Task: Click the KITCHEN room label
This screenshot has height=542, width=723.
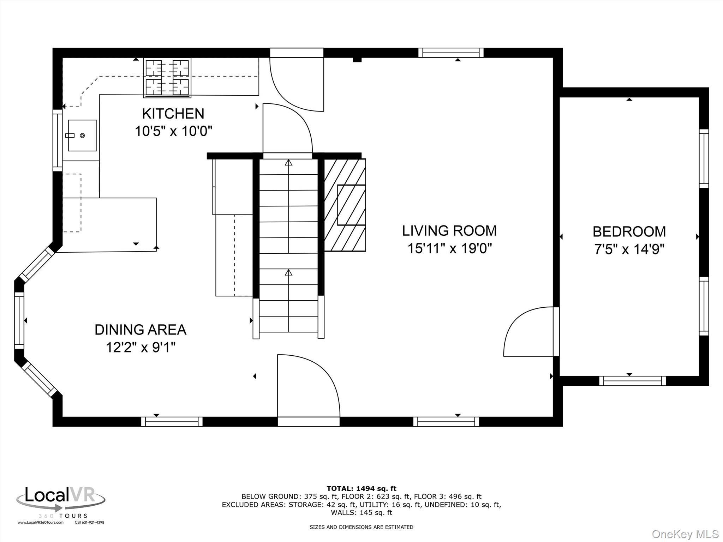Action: click(173, 114)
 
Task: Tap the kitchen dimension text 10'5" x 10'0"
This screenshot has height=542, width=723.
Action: click(173, 132)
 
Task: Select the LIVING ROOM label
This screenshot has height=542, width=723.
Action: click(449, 231)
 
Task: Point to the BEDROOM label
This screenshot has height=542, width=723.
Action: click(629, 232)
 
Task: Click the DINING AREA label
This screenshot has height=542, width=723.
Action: click(140, 330)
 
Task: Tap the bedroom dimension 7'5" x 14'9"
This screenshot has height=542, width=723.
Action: click(629, 250)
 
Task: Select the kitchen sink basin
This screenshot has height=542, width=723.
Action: click(82, 135)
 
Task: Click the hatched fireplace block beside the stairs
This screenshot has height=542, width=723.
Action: click(345, 205)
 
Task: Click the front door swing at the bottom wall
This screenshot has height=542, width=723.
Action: click(308, 386)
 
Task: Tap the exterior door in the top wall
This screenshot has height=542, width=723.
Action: click(297, 85)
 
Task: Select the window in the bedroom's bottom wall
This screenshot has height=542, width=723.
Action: click(632, 381)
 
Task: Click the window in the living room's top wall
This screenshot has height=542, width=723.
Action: click(451, 53)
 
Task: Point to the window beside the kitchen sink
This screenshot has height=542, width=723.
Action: click(58, 140)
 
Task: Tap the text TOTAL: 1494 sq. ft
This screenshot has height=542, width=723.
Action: click(361, 489)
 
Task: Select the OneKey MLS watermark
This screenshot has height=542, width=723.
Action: click(685, 534)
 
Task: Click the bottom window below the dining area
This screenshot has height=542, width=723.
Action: click(172, 422)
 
